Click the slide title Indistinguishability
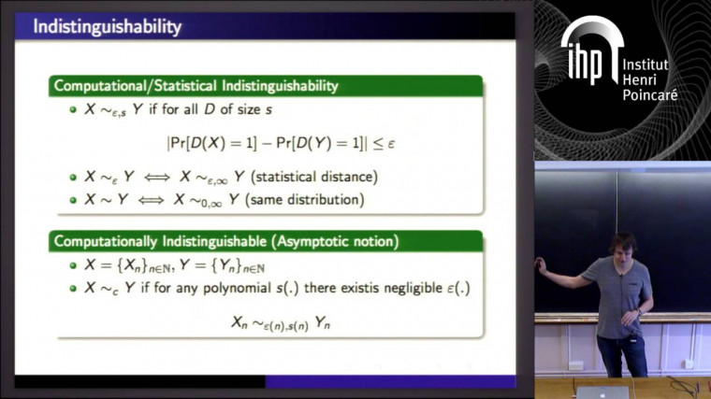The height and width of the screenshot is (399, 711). pos(107,27)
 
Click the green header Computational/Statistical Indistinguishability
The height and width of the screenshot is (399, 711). pos(195,86)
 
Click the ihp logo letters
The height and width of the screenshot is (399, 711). pos(588,62)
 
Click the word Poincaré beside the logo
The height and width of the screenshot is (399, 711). pos(649,96)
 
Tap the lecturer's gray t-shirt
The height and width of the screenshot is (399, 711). pos(613,296)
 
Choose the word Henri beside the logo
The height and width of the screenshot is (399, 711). pos(641,80)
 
